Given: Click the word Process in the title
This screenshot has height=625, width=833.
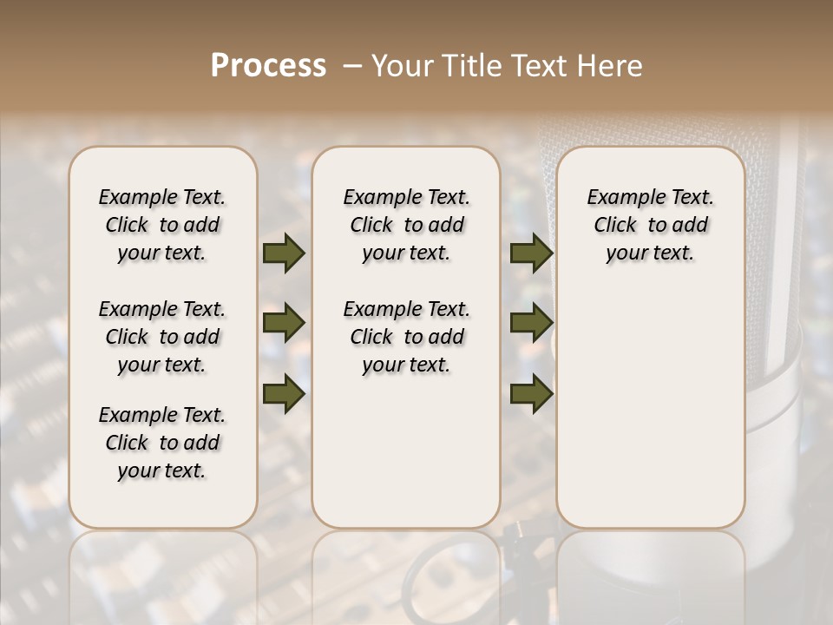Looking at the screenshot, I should (268, 65).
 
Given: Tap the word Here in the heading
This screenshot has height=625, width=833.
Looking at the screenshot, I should (607, 65).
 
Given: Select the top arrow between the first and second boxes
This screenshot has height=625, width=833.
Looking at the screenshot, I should (284, 253).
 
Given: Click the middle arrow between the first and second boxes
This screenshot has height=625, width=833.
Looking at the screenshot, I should (284, 323).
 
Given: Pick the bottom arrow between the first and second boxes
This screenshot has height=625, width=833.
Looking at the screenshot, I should (284, 393).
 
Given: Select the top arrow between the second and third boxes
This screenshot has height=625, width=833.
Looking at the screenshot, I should (531, 253).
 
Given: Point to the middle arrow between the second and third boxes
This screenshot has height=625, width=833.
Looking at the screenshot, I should (531, 323).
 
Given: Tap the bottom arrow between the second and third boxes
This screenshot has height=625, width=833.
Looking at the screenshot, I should (531, 393).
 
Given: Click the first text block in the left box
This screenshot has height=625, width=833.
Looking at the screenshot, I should (162, 225).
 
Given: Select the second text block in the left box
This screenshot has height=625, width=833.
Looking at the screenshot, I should (162, 337).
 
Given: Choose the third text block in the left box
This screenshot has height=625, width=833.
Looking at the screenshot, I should (162, 443).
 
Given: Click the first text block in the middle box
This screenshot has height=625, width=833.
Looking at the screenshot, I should (407, 225).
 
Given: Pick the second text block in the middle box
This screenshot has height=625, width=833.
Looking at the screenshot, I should (407, 337).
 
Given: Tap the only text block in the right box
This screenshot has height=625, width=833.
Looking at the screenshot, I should (651, 225).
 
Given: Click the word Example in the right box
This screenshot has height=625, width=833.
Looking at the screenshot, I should (620, 198).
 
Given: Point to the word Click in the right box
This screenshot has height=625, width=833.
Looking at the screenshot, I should (615, 226).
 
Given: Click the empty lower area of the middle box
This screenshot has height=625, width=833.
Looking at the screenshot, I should (407, 451).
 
